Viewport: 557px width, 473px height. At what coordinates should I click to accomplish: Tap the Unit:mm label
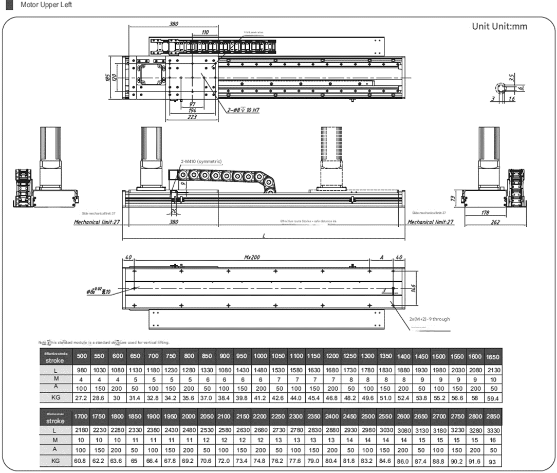pyautogui.click(x=499, y=26)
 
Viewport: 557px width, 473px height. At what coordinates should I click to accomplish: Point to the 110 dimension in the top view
pyautogui.click(x=205, y=33)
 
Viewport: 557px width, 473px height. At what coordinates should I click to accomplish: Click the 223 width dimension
pyautogui.click(x=192, y=117)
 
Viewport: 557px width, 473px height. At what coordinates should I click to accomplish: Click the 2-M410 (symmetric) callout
pyautogui.click(x=201, y=161)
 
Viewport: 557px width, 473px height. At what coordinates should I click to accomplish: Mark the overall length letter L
pyautogui.click(x=264, y=235)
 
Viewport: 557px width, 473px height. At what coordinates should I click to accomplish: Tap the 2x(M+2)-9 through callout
pyautogui.click(x=430, y=319)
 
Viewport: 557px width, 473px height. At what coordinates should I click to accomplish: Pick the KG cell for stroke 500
pyautogui.click(x=81, y=398)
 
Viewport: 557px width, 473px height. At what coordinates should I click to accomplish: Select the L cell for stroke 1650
pyautogui.click(x=492, y=370)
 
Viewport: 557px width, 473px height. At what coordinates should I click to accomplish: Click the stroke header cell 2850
pyautogui.click(x=492, y=416)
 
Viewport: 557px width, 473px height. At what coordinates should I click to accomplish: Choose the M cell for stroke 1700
pyautogui.click(x=81, y=440)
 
